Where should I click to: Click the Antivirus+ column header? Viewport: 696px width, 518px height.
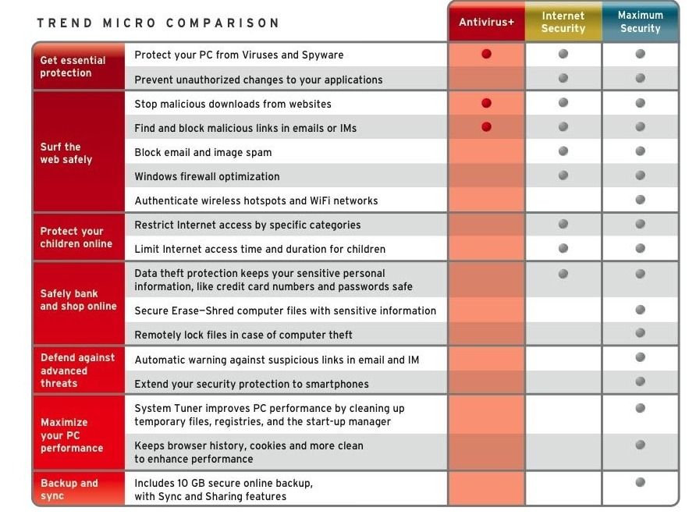pos(486,23)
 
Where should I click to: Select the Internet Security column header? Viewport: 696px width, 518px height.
pos(563,23)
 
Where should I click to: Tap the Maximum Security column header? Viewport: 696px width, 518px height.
pos(640,22)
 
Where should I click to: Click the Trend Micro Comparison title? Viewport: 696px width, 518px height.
pos(158,23)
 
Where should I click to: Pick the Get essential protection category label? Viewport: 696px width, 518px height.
pos(73,66)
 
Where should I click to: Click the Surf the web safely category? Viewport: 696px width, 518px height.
pos(66,153)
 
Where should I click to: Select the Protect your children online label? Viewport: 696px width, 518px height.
pos(76,237)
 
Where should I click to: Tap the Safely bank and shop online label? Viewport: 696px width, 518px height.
pos(78,300)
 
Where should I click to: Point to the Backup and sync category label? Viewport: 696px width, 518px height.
pos(69,489)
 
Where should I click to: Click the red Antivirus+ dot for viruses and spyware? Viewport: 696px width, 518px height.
pos(486,54)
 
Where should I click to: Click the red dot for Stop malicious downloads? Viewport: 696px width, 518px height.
pos(486,103)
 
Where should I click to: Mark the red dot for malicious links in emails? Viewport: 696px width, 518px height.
pos(486,127)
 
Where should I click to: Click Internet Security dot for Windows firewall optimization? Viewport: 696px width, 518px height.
pos(563,176)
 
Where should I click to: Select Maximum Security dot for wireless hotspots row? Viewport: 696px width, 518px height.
pos(640,200)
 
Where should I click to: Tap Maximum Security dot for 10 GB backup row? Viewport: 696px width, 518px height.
pos(640,482)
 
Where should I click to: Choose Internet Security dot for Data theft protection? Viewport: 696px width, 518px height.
pos(563,274)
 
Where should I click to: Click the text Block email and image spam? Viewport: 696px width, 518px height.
pos(203,152)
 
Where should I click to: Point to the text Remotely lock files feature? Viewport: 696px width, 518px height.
pos(243,335)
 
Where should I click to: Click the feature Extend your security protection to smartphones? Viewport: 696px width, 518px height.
pos(251,384)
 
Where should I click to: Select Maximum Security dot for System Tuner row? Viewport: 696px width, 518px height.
pos(640,407)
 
